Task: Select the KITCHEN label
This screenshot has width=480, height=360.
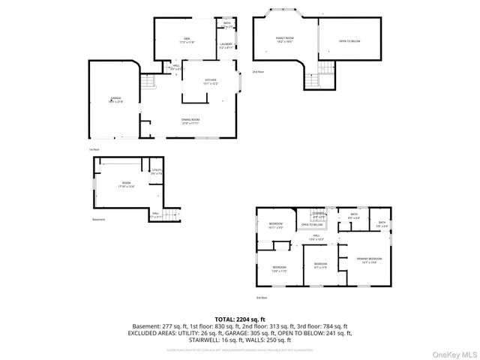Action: [x=210, y=81]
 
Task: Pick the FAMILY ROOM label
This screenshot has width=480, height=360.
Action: [x=284, y=38]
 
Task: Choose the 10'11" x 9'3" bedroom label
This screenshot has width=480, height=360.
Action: [x=275, y=225]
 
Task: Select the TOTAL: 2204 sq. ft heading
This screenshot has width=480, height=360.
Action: [x=239, y=319]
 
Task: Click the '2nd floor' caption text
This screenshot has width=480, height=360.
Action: [x=258, y=72]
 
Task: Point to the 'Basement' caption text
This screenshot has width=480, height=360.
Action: [x=98, y=220]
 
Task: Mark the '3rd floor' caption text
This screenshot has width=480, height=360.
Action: [x=262, y=297]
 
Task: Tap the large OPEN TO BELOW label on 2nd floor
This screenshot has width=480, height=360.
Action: [x=349, y=41]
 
